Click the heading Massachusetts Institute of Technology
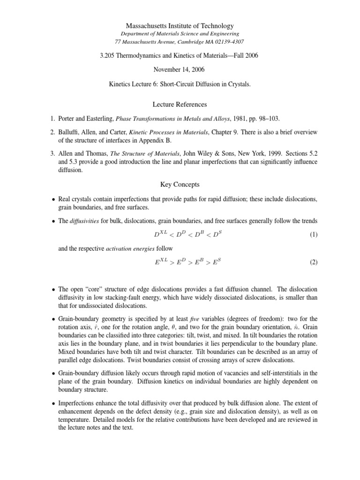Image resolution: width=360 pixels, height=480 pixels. click(x=180, y=26)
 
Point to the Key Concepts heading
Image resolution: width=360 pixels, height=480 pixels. click(x=180, y=185)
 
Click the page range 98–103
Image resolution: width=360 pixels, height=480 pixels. click(x=256, y=118)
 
